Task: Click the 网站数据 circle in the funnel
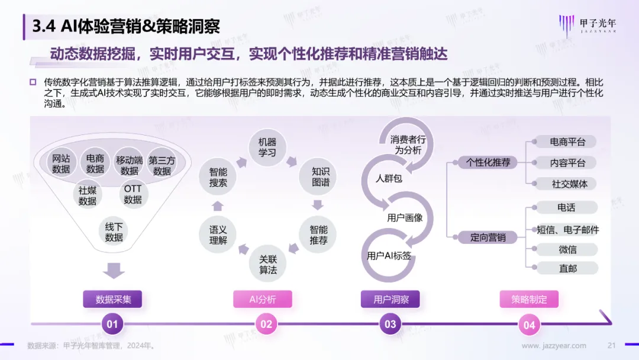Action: (61, 163)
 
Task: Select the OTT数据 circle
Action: (133, 194)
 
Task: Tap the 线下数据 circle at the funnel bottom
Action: (114, 232)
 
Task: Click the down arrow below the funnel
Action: (114, 271)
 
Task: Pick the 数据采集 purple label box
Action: (113, 299)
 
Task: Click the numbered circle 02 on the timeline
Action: (266, 324)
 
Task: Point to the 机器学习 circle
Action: (267, 147)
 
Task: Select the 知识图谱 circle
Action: (318, 176)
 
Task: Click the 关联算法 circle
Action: (268, 263)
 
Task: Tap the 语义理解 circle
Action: (218, 234)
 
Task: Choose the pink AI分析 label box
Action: (263, 299)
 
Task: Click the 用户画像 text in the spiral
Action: (405, 218)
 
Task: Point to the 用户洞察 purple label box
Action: (390, 299)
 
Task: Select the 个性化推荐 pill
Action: (488, 162)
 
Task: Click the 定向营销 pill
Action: (488, 237)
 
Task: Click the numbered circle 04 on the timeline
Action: (529, 325)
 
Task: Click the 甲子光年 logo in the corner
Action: (588, 25)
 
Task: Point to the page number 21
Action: (611, 345)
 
